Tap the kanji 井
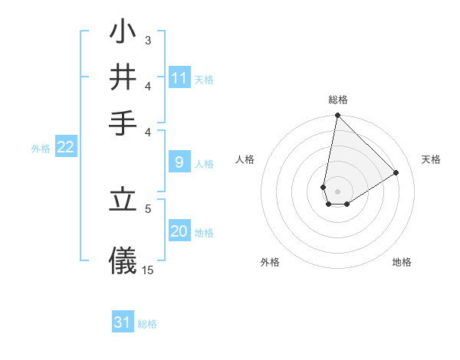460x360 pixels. coord(123,77)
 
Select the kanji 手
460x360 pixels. coord(123,122)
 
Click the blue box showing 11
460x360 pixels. coord(179,78)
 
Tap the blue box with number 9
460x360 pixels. coord(179,162)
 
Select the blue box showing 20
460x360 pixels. coord(179,231)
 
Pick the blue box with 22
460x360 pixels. coord(66,148)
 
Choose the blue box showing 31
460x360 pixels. coord(123,322)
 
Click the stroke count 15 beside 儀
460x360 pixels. coord(148,270)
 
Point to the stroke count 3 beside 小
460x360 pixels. coord(147,40)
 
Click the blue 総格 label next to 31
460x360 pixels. coord(147,324)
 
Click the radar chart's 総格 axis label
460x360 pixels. coord(338,100)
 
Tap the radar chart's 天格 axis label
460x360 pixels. coord(431,159)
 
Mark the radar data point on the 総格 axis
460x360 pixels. coord(337,116)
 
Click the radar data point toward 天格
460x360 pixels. coord(396,172)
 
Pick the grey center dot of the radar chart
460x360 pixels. coord(337,191)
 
